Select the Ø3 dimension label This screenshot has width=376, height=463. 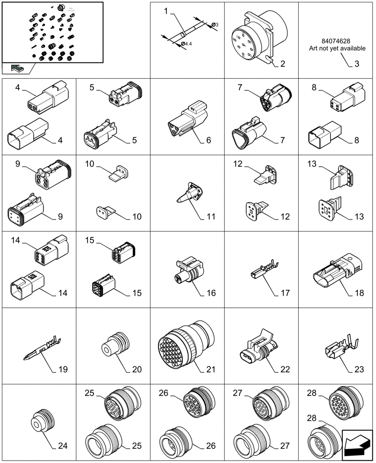214,24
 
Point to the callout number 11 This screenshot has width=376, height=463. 211,216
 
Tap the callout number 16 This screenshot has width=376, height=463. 211,293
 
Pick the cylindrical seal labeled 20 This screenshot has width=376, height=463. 113,345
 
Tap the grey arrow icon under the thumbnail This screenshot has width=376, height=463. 18,69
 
